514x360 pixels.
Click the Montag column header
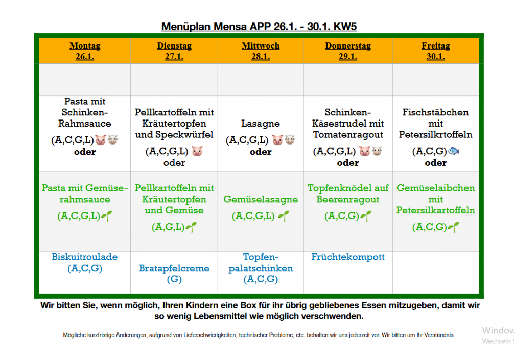[85, 45]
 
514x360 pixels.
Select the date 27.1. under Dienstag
[174, 57]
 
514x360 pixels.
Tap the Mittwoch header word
[261, 45]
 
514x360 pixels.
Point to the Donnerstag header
[347, 45]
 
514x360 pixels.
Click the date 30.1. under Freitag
[435, 57]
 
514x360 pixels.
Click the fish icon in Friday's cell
[454, 151]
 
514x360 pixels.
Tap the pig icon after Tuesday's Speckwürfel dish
[197, 151]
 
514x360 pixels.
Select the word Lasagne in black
[261, 124]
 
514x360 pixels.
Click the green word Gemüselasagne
[261, 199]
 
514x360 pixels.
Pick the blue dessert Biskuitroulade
[85, 257]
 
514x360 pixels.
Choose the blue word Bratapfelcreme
[174, 268]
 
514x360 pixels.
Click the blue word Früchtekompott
[347, 257]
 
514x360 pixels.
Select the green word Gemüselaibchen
[435, 188]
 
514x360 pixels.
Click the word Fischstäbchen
[435, 112]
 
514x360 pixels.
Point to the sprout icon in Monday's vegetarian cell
[106, 216]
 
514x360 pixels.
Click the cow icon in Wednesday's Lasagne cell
[290, 140]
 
